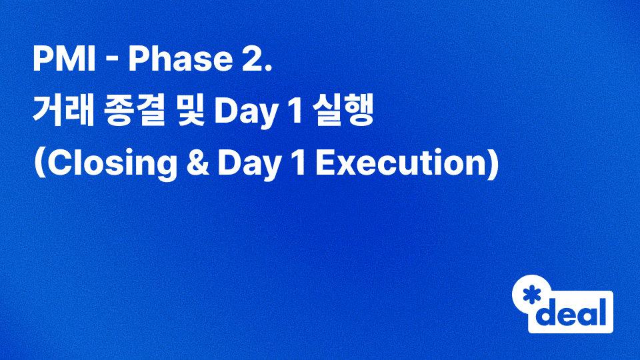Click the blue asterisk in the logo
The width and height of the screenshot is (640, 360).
pos(531,294)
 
